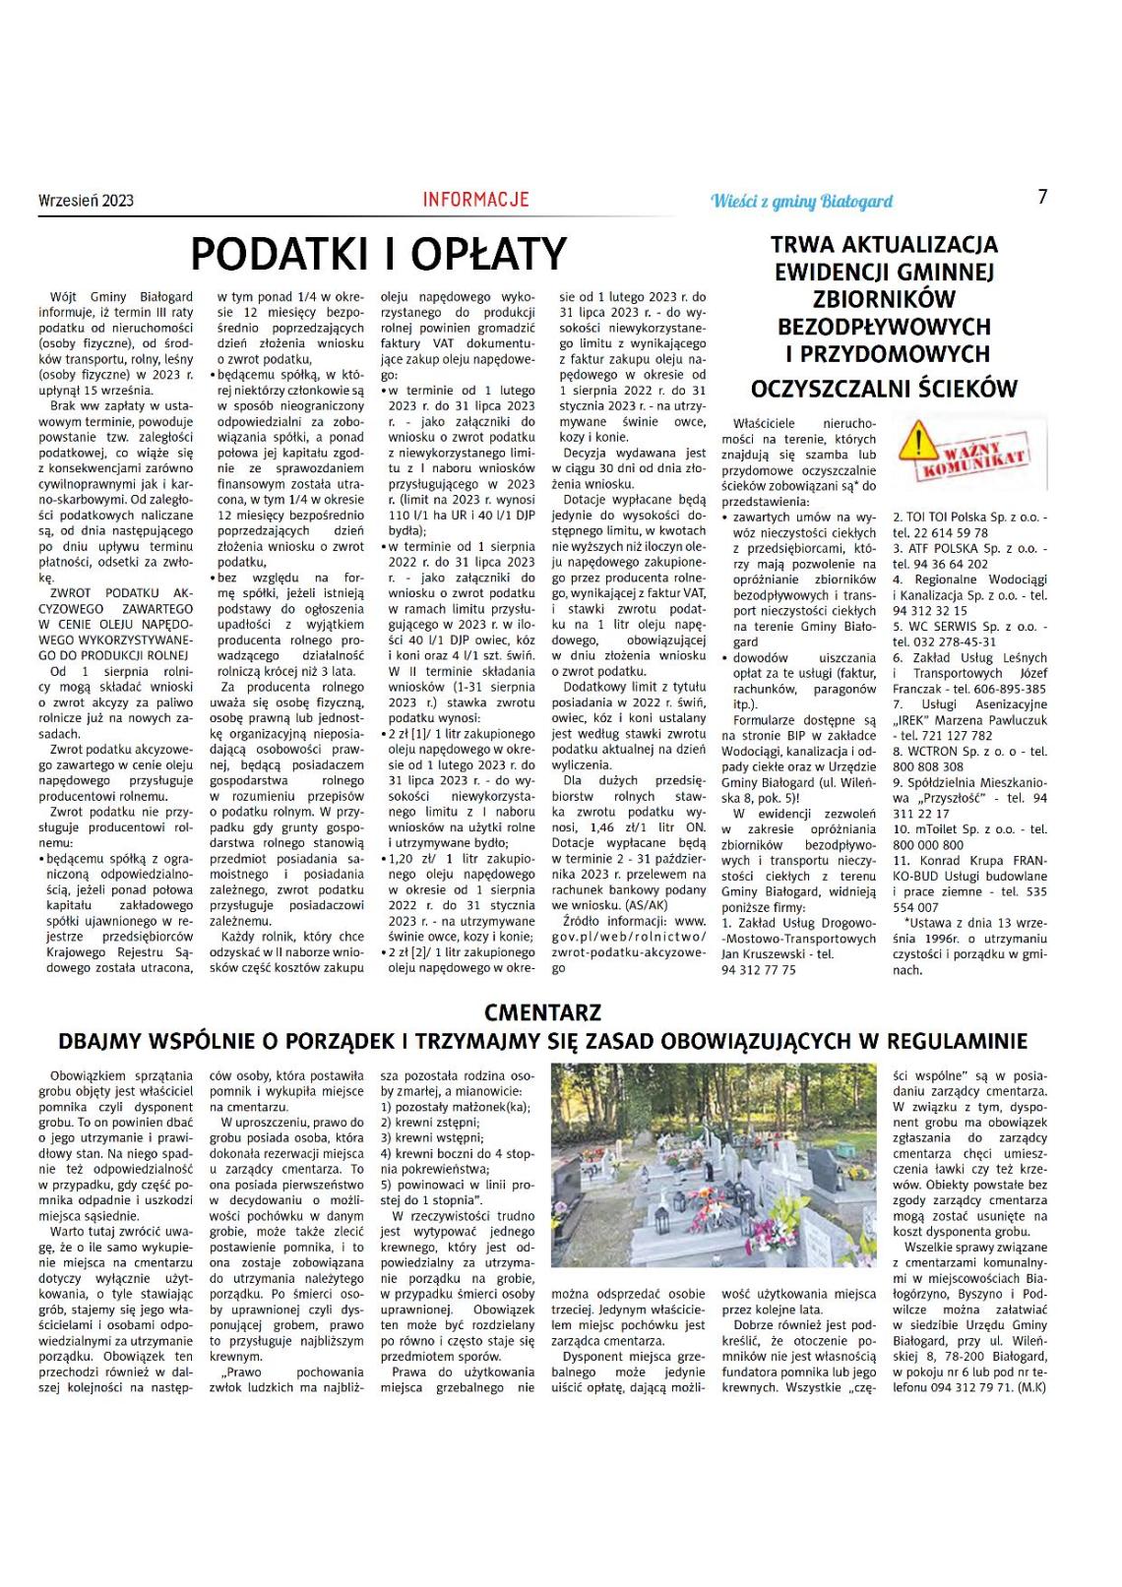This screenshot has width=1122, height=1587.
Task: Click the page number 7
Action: click(1042, 197)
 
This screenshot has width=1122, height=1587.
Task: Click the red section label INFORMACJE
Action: click(476, 200)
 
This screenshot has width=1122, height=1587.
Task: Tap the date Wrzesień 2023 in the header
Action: click(86, 201)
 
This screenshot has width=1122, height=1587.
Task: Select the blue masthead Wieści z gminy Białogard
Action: click(801, 202)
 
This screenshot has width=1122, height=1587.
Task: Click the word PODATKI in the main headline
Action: click(282, 255)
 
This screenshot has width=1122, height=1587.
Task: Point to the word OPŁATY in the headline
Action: click(488, 255)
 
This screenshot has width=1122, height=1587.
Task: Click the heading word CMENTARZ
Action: click(542, 1012)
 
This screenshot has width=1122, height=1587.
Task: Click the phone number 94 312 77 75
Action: click(759, 970)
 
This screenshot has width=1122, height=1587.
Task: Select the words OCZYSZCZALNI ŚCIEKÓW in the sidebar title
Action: click(884, 389)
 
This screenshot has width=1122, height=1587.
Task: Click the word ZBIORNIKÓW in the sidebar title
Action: click(884, 299)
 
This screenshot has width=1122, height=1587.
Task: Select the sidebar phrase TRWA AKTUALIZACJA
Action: click(884, 244)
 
